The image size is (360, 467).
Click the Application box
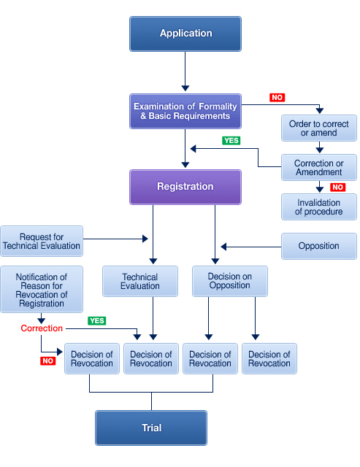185,34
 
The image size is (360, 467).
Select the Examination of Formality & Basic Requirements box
185,111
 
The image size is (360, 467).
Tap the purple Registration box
185,187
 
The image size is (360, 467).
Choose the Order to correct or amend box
319,128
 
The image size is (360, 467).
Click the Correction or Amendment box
319,167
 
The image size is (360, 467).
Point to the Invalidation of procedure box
319,207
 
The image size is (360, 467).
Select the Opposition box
319,246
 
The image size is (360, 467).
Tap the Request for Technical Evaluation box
42,242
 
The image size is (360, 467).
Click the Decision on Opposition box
230,281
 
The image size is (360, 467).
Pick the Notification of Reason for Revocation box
42,289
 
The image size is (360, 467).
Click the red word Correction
42,328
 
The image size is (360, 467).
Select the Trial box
151,428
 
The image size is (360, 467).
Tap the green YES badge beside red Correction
97,321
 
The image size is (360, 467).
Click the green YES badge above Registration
231,141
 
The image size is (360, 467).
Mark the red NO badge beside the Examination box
277,97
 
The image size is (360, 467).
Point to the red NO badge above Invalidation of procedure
337,187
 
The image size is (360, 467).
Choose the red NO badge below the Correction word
47,361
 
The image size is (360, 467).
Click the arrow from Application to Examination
185,72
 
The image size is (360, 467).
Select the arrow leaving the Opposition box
251,247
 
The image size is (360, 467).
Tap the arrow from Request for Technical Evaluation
115,239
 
